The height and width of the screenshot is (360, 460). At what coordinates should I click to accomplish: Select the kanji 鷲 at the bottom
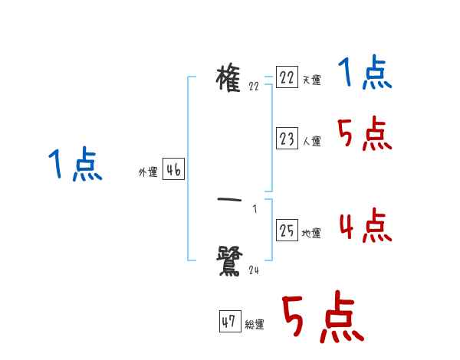coord(231,260)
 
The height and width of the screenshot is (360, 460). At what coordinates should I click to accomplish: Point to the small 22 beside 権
coord(254,87)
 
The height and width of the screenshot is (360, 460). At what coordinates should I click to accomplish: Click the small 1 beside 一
coord(254,209)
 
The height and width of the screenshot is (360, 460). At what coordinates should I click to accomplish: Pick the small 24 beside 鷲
coord(254,270)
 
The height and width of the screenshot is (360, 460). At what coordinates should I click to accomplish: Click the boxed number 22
coord(287,78)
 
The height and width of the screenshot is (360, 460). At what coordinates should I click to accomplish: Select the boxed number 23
coord(287,139)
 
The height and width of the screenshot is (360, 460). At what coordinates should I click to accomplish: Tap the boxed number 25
coord(287,231)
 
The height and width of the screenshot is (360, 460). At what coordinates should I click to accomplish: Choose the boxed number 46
coord(173,170)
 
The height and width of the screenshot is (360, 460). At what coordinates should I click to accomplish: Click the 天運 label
coord(311,80)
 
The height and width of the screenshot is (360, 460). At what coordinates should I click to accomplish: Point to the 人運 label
coord(311,141)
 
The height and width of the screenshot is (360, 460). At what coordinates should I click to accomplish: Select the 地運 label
coord(311,233)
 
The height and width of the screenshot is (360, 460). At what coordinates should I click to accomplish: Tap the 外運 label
coord(147,173)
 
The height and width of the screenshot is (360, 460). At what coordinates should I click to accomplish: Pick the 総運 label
coord(255,324)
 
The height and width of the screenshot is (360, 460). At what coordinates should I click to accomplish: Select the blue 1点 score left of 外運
coord(74,165)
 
